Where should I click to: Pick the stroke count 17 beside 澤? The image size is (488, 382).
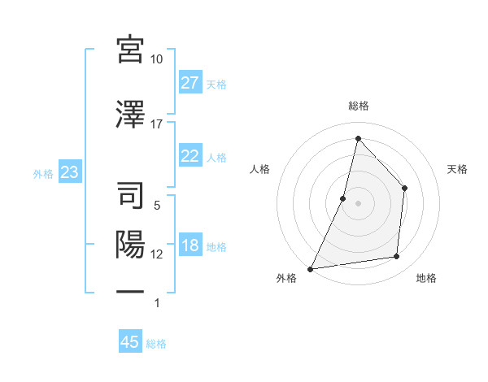coord(157,124)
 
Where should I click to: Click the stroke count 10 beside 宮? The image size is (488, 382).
coord(157,59)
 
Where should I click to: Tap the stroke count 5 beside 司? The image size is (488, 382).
coord(157,206)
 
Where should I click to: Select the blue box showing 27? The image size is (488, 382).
coord(190,82)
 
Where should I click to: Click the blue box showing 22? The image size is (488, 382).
coord(190,156)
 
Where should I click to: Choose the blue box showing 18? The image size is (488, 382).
coord(190,245)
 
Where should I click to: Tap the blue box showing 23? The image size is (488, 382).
coord(69,172)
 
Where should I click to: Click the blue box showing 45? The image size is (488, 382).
coord(130,342)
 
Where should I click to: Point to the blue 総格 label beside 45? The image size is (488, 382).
coord(156,344)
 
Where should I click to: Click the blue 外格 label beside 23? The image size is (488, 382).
coord(43,173)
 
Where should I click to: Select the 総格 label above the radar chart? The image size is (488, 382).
coord(358,106)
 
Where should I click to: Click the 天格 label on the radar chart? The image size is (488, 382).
coord(458,169)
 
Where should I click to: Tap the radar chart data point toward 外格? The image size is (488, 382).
coord(311,268)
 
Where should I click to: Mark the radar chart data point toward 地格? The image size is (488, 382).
coord(397,257)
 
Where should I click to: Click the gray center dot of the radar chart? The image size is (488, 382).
coord(358,203)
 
